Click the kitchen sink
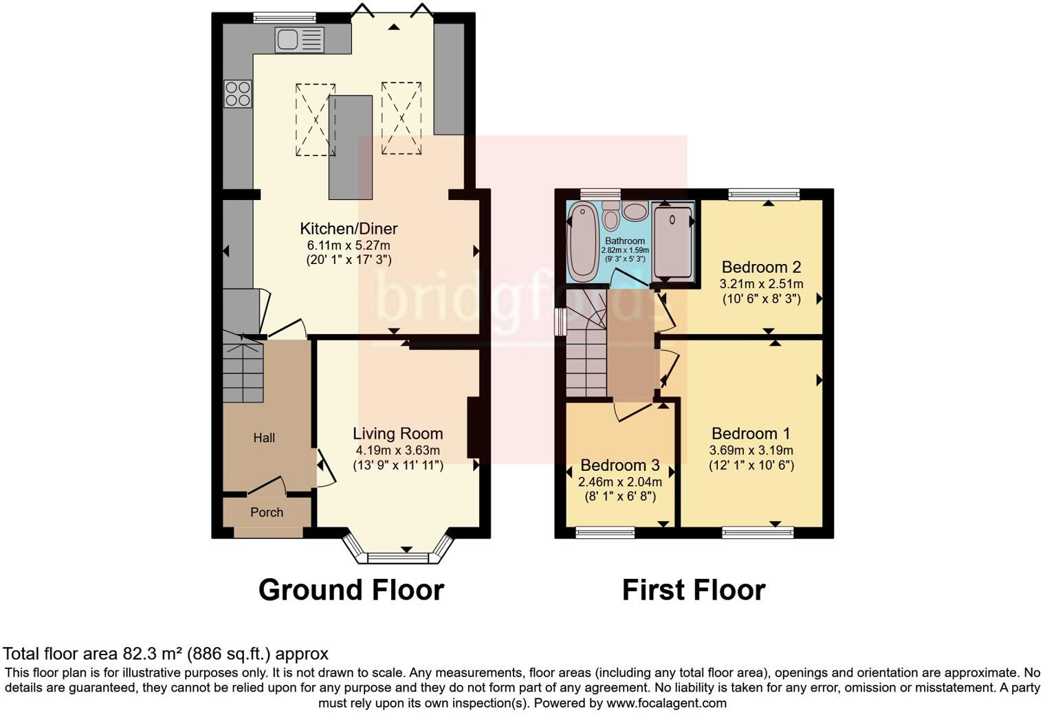[x=299, y=40]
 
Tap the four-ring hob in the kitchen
[x=238, y=93]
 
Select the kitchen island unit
[x=350, y=147]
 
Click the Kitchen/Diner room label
[x=349, y=229]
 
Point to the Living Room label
[x=397, y=434]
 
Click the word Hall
[x=264, y=438]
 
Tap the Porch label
[x=267, y=512]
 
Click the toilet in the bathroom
[x=610, y=216]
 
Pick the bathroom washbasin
[x=635, y=210]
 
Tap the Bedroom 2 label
[x=762, y=267]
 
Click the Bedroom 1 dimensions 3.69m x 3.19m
[x=751, y=451]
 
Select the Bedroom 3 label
[x=620, y=465]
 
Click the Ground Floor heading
[x=351, y=590]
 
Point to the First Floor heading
[x=693, y=590]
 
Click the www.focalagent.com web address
[x=666, y=703]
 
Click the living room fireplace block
[x=474, y=427]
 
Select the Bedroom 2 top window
[x=764, y=195]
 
